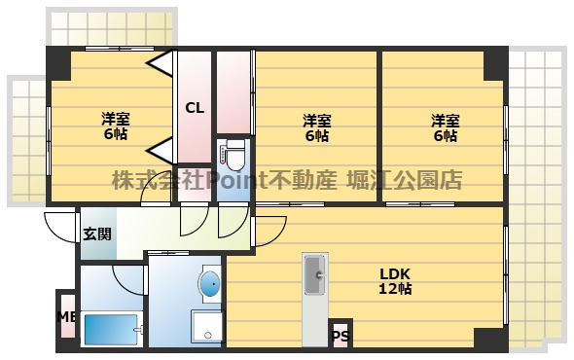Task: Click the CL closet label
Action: click(x=195, y=107)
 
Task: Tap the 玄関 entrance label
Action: click(x=96, y=234)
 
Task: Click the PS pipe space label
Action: click(x=340, y=337)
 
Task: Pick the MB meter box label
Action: click(x=65, y=316)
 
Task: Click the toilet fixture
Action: click(x=233, y=156)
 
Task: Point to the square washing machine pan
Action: click(x=207, y=326)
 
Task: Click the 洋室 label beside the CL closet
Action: click(x=115, y=120)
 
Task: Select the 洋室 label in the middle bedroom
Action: click(x=316, y=121)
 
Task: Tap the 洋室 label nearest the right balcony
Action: click(x=446, y=121)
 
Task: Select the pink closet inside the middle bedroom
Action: click(x=234, y=92)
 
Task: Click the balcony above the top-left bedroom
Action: click(x=113, y=28)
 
